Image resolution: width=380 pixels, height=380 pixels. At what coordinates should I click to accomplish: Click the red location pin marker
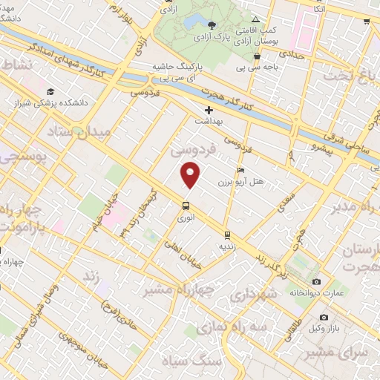click(191, 175)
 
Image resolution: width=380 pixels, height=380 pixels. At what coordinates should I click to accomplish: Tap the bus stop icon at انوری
click(186, 206)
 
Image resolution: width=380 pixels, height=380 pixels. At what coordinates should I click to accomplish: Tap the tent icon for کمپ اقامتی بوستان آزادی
click(255, 19)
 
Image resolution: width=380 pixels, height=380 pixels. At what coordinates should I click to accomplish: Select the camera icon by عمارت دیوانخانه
click(317, 282)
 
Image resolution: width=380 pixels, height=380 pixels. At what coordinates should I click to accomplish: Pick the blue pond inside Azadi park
click(197, 21)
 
